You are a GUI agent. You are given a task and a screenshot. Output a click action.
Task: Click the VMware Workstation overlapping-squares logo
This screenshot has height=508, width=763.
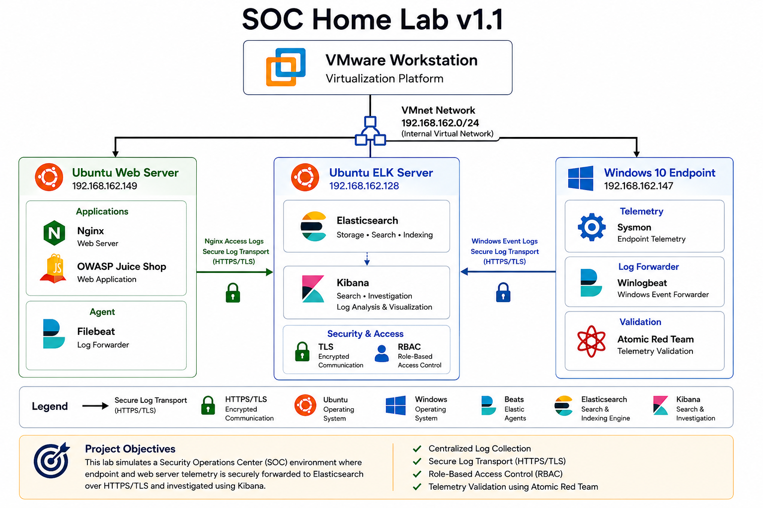point(286,67)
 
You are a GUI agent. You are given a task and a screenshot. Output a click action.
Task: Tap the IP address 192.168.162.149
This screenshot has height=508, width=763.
point(105,186)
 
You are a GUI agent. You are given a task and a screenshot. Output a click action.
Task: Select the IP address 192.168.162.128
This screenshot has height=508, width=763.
point(364,186)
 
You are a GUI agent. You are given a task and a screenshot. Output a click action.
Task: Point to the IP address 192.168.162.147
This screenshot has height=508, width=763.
point(639,186)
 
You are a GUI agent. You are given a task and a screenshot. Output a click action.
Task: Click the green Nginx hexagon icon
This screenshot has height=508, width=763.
point(54,233)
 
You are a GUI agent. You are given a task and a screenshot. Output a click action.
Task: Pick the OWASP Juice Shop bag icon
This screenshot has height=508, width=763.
point(54,268)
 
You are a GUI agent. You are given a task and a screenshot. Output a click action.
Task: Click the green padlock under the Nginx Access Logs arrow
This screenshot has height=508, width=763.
point(233,293)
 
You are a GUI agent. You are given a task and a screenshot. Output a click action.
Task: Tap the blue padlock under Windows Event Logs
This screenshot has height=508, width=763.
point(503,292)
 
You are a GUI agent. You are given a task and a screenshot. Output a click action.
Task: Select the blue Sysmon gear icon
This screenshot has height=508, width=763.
point(592,227)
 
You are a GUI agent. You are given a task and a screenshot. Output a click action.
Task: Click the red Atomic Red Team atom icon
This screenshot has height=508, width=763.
point(591,341)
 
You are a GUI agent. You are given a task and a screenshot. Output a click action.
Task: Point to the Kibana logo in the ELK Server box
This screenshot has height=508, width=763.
point(313,289)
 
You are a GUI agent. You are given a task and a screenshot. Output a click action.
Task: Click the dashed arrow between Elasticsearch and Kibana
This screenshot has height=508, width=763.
point(367,258)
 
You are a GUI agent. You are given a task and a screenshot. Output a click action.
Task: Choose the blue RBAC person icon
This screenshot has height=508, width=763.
point(381,353)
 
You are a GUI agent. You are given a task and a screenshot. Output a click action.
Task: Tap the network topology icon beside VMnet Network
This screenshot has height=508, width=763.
point(370,131)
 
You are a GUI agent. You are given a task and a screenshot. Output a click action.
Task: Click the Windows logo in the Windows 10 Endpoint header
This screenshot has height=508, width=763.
point(581,178)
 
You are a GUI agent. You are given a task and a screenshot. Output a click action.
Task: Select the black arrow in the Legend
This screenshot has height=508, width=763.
point(95,406)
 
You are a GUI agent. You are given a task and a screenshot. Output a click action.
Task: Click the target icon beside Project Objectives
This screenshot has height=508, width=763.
point(52,460)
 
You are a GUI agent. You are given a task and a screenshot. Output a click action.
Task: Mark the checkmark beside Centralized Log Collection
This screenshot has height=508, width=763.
point(417,449)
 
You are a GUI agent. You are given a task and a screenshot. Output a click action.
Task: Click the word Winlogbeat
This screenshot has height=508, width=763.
point(642,283)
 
